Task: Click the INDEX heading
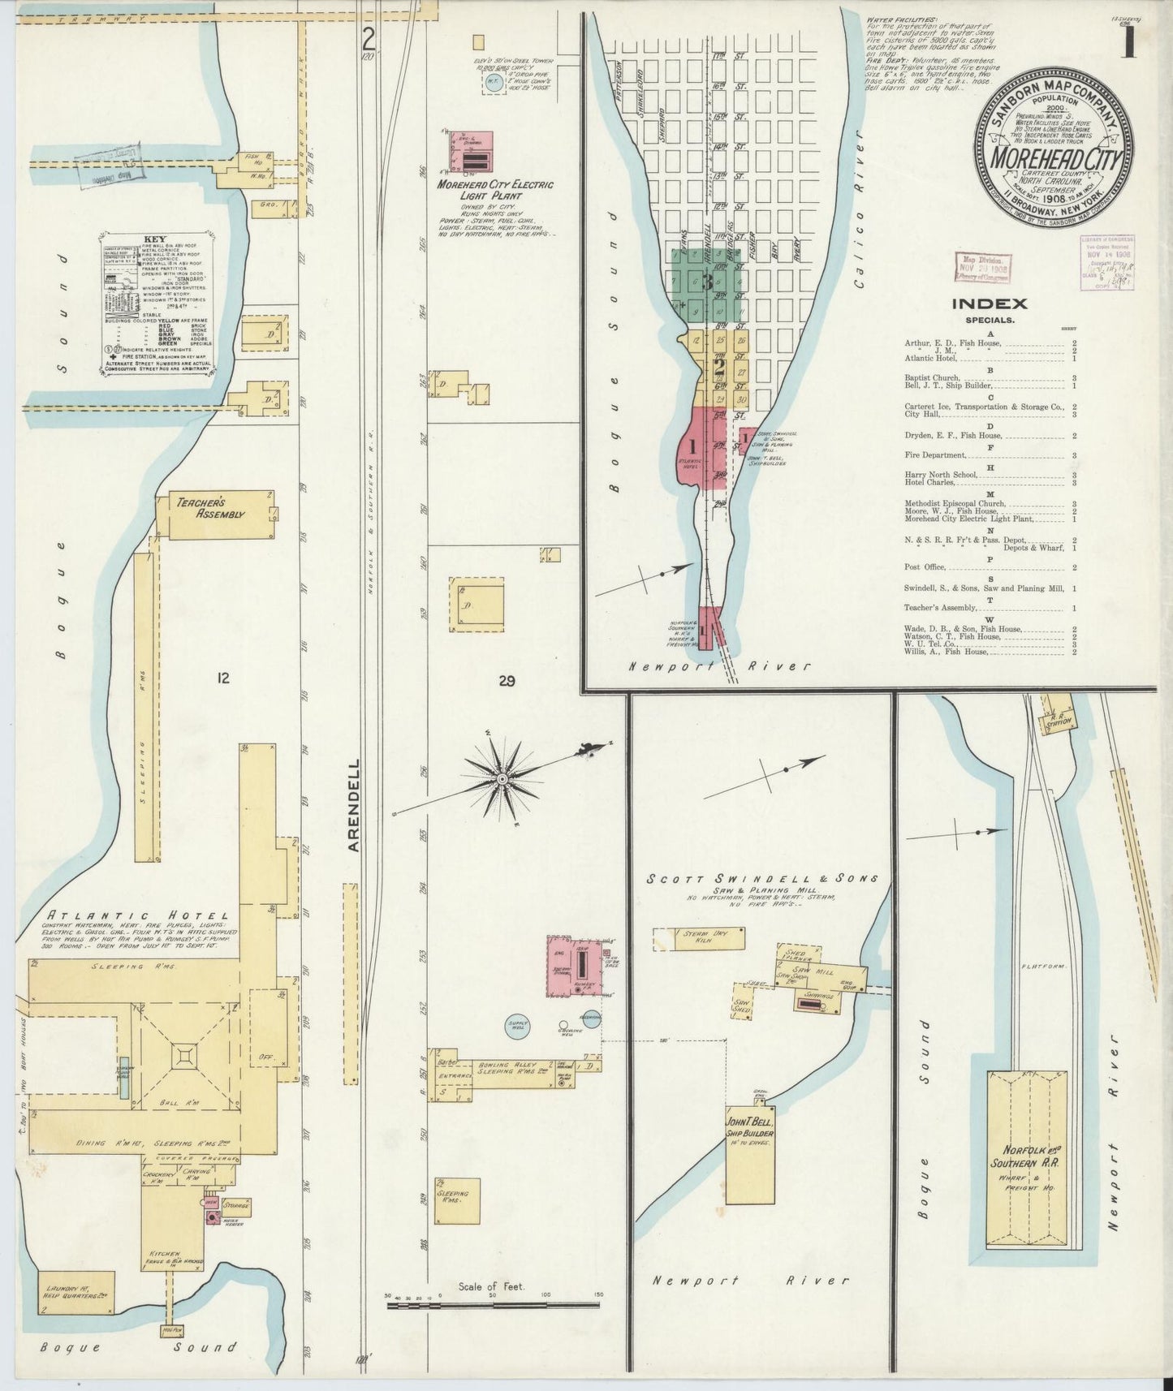pos(989,304)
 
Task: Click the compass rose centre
pos(502,778)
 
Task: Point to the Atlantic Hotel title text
pos(136,915)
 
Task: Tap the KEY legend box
pos(157,306)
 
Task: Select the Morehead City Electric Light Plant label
pos(494,190)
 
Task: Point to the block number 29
pos(507,682)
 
